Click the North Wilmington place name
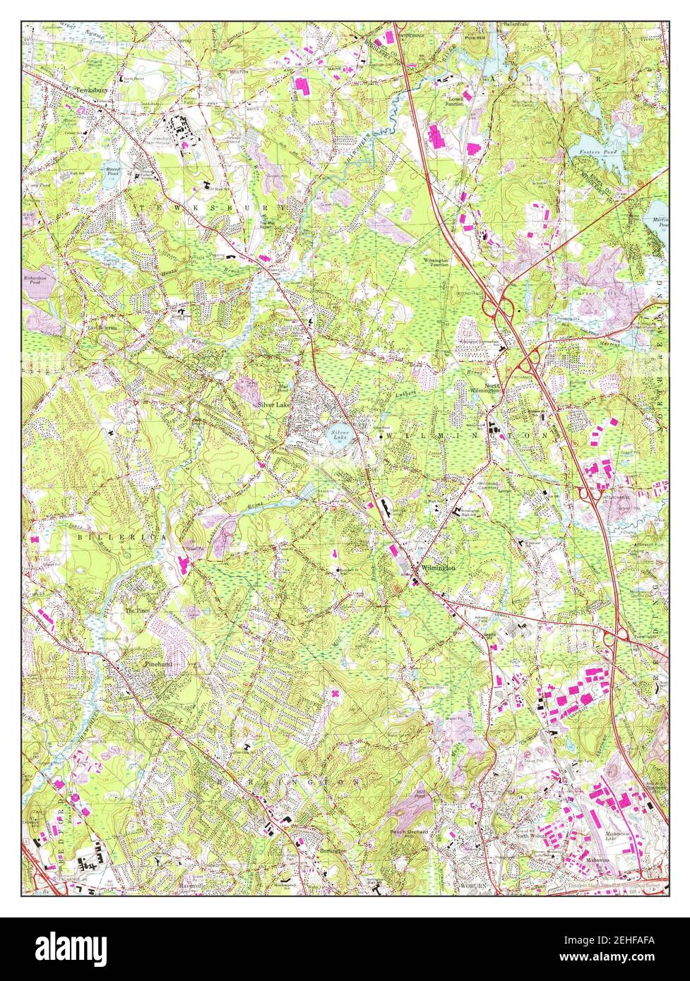pyautogui.click(x=484, y=387)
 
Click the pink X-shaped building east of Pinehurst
pyautogui.click(x=334, y=694)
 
